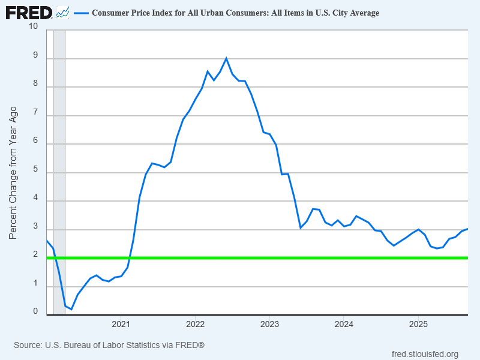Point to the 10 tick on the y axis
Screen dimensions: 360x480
[x=32, y=26]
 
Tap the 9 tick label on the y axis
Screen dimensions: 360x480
[x=35, y=56]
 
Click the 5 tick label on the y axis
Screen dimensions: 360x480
[x=35, y=170]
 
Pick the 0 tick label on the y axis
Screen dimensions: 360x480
[x=35, y=311]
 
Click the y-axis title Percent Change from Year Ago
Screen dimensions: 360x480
[x=13, y=173]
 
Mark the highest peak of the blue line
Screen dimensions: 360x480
[x=226, y=58]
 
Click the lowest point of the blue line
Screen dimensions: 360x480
[x=71, y=309]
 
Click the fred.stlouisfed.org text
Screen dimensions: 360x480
[x=424, y=354]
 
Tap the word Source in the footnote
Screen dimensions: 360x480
[x=28, y=345]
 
